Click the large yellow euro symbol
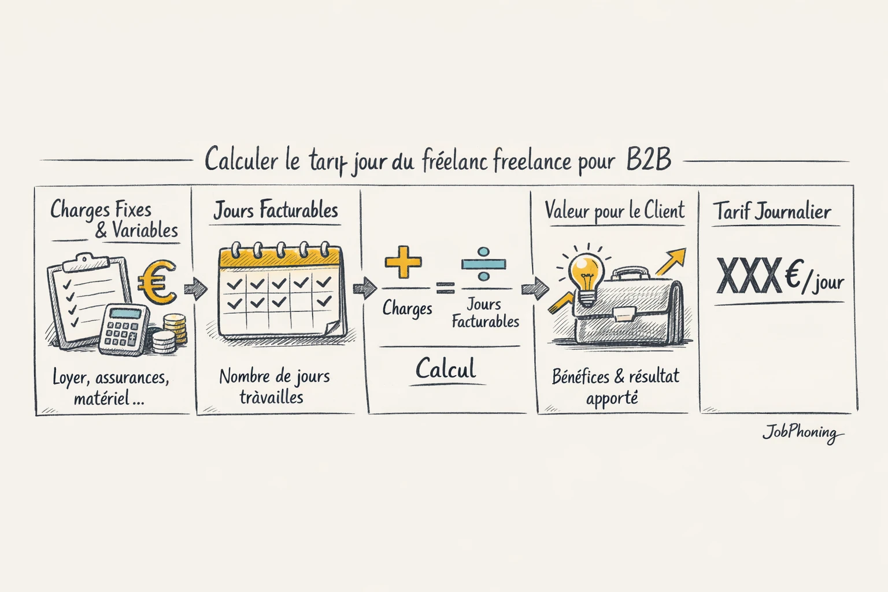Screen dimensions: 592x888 [x=157, y=282]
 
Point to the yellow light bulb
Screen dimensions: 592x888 [x=586, y=275]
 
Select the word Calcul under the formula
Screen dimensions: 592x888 [x=446, y=369]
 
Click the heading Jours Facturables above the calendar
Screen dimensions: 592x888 [x=276, y=210]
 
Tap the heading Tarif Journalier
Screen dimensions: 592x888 [x=771, y=212]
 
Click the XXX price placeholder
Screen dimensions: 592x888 [x=749, y=277]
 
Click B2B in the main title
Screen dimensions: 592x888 [x=649, y=160]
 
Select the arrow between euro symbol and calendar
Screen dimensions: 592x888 [x=195, y=288]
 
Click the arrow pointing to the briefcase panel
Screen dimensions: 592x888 [x=535, y=287]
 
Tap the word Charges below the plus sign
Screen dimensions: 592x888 [x=407, y=309]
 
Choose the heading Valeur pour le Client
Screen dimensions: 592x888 [x=615, y=211]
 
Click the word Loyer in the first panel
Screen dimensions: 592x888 [x=69, y=378]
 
